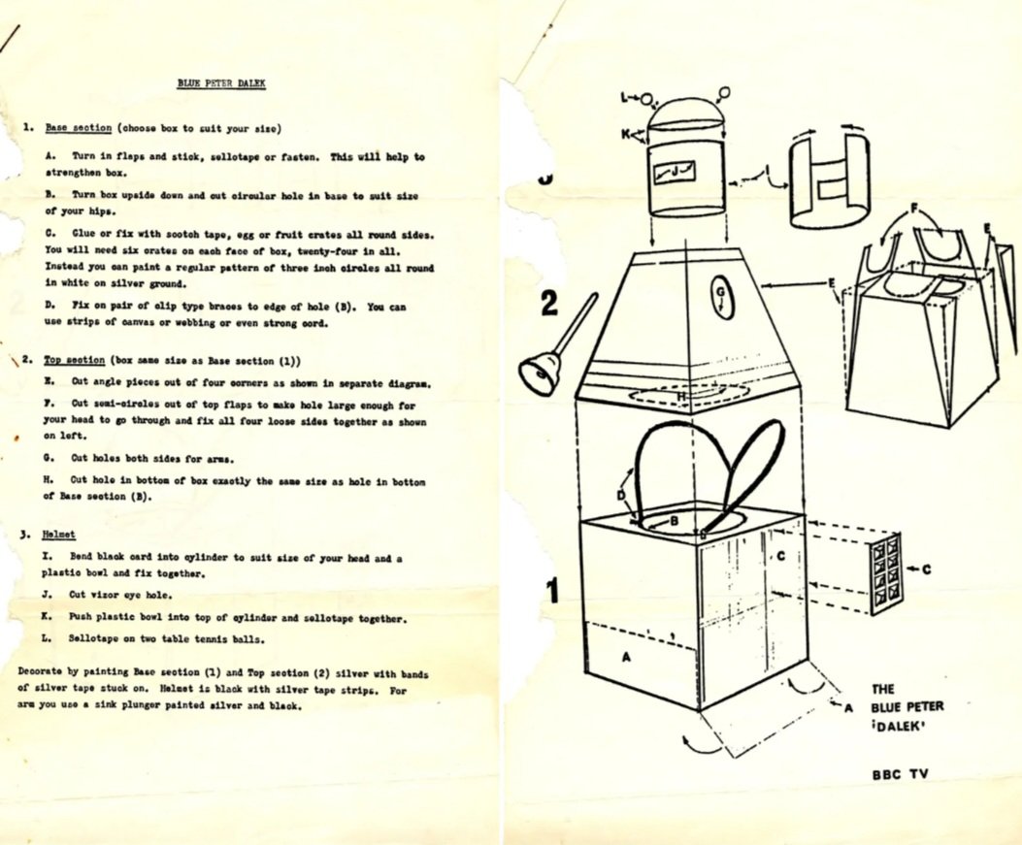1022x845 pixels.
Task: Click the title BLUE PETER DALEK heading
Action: tap(221, 84)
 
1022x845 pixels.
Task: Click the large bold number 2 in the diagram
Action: tap(549, 304)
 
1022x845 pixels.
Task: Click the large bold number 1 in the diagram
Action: tap(553, 590)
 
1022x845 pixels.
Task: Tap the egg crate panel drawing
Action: tap(884, 573)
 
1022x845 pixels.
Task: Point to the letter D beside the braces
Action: tap(621, 496)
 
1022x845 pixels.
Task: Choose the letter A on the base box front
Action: tap(626, 657)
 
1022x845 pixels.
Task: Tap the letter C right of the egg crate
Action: tap(925, 569)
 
